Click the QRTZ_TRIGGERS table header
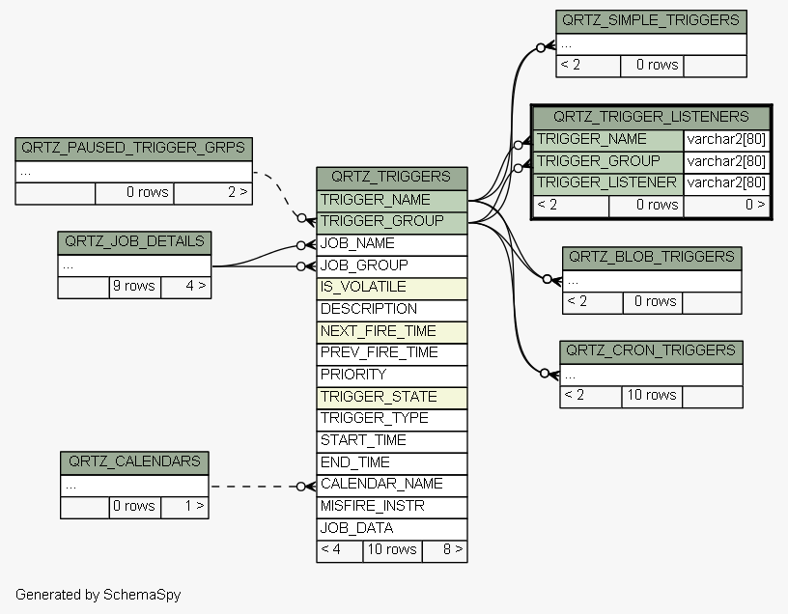[391, 178]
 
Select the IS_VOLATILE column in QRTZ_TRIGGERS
[391, 289]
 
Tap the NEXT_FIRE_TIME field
[391, 332]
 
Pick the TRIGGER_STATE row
[391, 398]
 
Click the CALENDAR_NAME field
[391, 486]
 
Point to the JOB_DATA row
[391, 529]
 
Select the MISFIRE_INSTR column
[391, 508]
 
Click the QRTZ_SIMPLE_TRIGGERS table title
[651, 21]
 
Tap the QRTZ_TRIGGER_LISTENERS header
[651, 118]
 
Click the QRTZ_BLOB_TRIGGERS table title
[652, 259]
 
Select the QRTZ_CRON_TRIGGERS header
[651, 351]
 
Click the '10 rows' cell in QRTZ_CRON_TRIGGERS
[652, 397]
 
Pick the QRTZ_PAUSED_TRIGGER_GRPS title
[133, 149]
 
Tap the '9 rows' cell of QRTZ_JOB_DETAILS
[134, 288]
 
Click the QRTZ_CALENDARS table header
[134, 462]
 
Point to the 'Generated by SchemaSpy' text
[98, 595]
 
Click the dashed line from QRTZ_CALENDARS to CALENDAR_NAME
[254, 487]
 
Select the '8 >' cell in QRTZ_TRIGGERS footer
[445, 551]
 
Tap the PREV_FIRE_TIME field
[391, 354]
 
